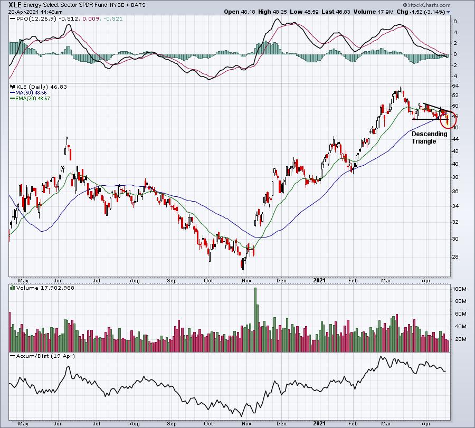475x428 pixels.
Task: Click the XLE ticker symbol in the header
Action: (x=15, y=5)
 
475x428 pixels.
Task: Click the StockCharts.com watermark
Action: (x=427, y=5)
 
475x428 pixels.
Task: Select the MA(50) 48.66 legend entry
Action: (x=28, y=93)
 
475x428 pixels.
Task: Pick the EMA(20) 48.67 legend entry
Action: (x=30, y=99)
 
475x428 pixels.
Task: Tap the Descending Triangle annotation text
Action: (x=429, y=138)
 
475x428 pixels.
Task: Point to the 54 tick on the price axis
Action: (x=455, y=86)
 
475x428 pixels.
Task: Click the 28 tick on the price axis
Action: (x=455, y=256)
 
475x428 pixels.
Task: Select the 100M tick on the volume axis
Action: (x=459, y=289)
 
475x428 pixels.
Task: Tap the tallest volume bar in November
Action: (x=255, y=320)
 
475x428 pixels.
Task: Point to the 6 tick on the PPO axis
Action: (x=455, y=22)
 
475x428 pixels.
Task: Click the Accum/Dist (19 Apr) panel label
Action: (x=45, y=356)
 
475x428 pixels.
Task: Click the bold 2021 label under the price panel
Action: (x=319, y=280)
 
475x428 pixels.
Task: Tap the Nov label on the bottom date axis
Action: (x=246, y=423)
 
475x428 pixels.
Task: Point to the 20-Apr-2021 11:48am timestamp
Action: (x=35, y=12)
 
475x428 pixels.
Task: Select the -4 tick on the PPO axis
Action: (x=454, y=77)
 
